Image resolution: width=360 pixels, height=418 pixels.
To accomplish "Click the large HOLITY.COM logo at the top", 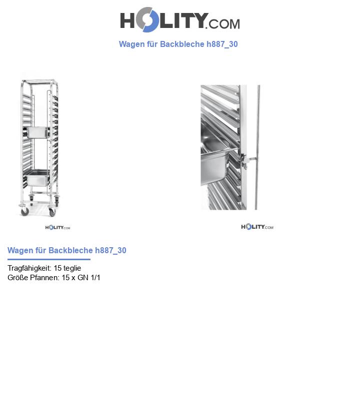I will (179, 20).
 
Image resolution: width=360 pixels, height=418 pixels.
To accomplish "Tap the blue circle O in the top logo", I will (146, 20).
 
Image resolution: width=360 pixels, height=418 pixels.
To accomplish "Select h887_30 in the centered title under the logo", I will (222, 44).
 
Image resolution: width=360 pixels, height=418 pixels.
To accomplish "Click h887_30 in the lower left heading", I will (110, 251).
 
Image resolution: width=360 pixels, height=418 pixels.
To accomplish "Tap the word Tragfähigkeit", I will (29, 268).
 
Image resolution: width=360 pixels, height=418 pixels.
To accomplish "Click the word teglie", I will (72, 268).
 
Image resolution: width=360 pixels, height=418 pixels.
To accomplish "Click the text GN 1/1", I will (89, 278).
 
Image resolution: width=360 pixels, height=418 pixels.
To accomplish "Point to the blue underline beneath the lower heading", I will (48, 260).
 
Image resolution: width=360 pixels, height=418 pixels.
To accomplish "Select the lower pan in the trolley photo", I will (36, 177).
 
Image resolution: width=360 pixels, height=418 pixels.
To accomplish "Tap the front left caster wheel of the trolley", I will (24, 212).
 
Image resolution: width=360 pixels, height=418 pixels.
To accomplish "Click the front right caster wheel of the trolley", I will (52, 212).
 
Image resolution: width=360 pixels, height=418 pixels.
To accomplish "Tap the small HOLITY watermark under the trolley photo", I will (57, 228).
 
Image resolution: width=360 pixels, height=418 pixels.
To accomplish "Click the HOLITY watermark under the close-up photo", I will (257, 227).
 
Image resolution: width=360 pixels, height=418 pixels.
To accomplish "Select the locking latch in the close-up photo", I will (245, 160).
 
